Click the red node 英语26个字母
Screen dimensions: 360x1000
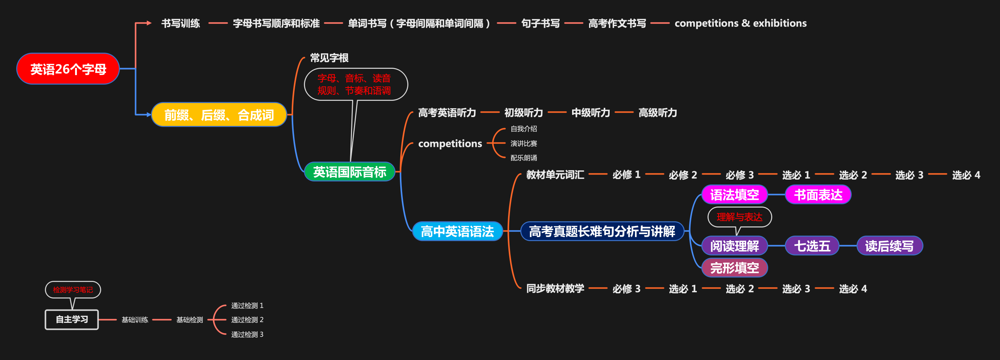[68, 69]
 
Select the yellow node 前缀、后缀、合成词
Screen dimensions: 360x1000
[219, 115]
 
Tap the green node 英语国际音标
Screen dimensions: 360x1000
[350, 172]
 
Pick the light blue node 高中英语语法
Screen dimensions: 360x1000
[457, 232]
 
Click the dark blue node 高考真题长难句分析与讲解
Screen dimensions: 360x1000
[602, 232]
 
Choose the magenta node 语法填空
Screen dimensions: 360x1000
[734, 195]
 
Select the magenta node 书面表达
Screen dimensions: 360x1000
[818, 195]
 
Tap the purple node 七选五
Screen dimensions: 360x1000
[812, 246]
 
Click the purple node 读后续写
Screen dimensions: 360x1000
[889, 246]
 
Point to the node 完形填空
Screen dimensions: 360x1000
[734, 268]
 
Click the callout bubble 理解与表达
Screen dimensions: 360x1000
[740, 217]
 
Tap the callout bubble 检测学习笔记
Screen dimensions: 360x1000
[73, 290]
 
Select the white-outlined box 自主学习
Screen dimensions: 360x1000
[72, 320]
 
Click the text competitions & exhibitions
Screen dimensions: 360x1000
[740, 23]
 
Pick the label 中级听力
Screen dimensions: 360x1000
[591, 113]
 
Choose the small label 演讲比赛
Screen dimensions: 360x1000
[524, 143]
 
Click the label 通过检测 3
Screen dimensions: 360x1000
[247, 334]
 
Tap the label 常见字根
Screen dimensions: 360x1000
[329, 58]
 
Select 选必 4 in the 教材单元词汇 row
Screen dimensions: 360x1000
[966, 175]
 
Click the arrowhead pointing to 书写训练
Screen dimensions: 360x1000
[149, 23]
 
